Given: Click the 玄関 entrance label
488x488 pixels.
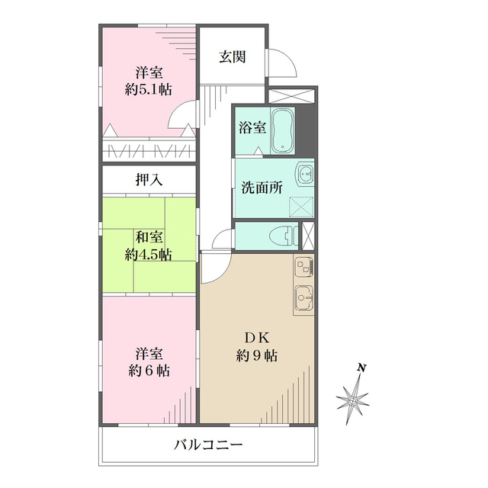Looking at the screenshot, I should [x=232, y=56].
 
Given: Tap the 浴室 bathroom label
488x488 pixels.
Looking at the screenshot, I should [x=252, y=127].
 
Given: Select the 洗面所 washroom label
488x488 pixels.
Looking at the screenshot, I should [x=262, y=188].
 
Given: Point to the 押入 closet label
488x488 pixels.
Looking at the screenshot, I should [x=149, y=181].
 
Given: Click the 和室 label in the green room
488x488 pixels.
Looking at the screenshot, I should [x=149, y=236].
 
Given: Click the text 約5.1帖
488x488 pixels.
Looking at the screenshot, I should [x=149, y=89].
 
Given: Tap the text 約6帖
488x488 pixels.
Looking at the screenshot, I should [x=149, y=371].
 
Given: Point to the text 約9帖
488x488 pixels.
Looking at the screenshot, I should [x=256, y=356].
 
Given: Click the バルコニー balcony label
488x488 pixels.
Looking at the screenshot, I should [x=207, y=444].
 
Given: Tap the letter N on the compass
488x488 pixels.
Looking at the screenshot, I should [x=363, y=370].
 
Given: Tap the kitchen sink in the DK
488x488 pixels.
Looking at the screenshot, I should [x=303, y=295].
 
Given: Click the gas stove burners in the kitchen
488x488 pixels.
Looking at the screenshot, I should [x=303, y=267].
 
